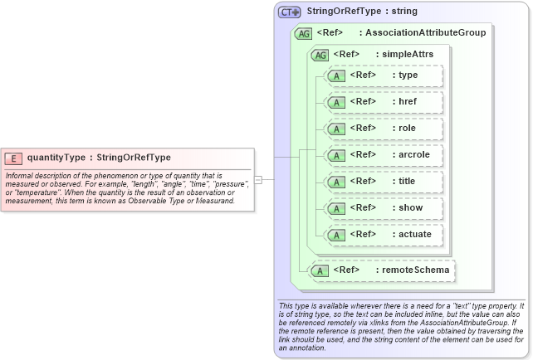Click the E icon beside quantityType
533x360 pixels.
[x=13, y=158]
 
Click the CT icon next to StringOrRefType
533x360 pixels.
[x=289, y=12]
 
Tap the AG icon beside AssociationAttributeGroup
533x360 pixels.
[x=303, y=34]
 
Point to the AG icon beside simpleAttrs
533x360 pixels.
[x=319, y=55]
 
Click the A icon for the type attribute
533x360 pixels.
[x=337, y=75]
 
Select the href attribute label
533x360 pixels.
[x=408, y=102]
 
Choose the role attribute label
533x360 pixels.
[x=407, y=129]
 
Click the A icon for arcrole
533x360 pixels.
[x=337, y=155]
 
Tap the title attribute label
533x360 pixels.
[x=407, y=182]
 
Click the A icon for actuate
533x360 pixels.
[x=337, y=235]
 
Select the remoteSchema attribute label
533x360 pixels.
[x=415, y=270]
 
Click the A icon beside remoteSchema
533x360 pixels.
[x=320, y=270]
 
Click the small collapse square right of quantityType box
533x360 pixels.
[x=258, y=179]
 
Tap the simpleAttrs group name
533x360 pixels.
[x=408, y=55]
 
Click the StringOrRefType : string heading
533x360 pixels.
[x=362, y=12]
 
